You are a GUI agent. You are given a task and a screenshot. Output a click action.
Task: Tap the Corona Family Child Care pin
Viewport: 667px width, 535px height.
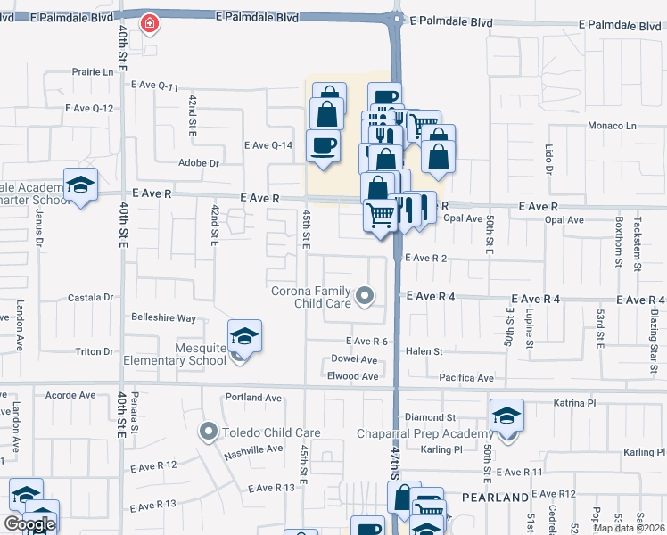pyautogui.click(x=364, y=296)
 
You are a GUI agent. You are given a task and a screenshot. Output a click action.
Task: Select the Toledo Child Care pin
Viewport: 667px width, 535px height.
pyautogui.click(x=209, y=432)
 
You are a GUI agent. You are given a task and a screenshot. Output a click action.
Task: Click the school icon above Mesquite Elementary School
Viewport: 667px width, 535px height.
pyautogui.click(x=244, y=336)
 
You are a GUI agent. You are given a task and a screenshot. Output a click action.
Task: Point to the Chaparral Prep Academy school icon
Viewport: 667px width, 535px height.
pyautogui.click(x=506, y=416)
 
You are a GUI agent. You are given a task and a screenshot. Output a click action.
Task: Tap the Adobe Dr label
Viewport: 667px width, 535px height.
pyautogui.click(x=199, y=163)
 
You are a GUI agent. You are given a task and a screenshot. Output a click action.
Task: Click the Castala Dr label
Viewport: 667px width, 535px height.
pyautogui.click(x=93, y=297)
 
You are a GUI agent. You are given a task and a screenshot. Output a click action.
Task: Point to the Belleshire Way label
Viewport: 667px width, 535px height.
pyautogui.click(x=163, y=317)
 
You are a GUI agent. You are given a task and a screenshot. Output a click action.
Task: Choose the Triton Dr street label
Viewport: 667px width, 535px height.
pyautogui.click(x=95, y=351)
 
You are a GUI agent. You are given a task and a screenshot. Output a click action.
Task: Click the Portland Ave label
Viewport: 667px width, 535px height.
pyautogui.click(x=253, y=398)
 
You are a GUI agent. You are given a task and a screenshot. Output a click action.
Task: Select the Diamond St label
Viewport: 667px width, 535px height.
pyautogui.click(x=430, y=416)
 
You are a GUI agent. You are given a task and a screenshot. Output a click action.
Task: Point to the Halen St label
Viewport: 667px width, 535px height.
pyautogui.click(x=424, y=352)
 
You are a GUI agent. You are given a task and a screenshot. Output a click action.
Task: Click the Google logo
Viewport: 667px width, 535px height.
pyautogui.click(x=29, y=524)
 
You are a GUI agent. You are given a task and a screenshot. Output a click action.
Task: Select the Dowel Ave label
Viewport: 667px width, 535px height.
pyautogui.click(x=355, y=359)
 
